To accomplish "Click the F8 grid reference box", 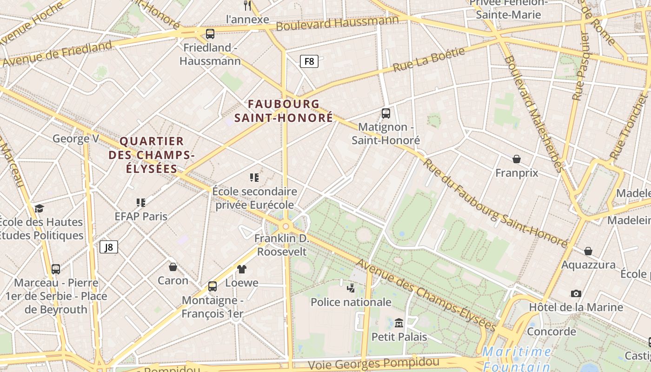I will [x=309, y=61].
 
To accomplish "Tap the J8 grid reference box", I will [x=108, y=247].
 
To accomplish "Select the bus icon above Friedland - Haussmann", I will [x=210, y=33].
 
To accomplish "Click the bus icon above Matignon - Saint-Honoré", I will [x=385, y=113].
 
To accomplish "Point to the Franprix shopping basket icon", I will [x=516, y=159].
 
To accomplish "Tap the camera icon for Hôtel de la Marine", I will [x=576, y=293].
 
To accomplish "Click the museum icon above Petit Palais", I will [x=399, y=323].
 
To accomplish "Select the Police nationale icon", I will [x=351, y=288].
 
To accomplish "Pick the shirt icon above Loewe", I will [x=241, y=269].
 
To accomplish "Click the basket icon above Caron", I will [x=173, y=267].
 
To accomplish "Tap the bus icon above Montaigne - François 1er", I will [x=213, y=286].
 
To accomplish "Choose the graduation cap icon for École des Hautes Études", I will [x=39, y=208].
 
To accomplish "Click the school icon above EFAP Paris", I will [x=141, y=202].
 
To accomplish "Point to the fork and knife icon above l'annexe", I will [x=247, y=6].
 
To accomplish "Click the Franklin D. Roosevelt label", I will [x=282, y=245].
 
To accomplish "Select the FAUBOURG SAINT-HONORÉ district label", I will [x=284, y=111].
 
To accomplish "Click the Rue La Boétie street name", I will [x=429, y=60].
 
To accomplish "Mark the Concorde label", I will [x=551, y=332].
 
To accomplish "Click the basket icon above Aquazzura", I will [x=588, y=251].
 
